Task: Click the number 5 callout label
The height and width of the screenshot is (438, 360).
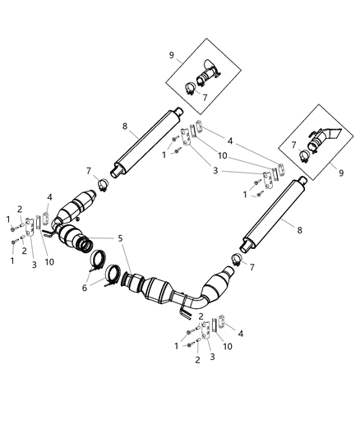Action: click(x=120, y=238)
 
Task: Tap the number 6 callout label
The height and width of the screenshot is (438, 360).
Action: click(x=85, y=288)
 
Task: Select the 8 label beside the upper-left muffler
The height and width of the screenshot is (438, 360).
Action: click(x=125, y=127)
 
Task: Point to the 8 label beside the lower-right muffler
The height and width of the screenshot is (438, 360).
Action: click(x=299, y=230)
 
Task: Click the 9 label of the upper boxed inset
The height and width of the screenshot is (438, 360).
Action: click(x=172, y=55)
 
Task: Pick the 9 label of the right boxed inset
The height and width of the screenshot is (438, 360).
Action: click(x=341, y=173)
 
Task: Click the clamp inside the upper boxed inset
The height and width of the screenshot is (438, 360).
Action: click(x=190, y=88)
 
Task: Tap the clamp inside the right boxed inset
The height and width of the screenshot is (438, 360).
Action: click(x=304, y=156)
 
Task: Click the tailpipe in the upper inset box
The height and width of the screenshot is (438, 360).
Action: click(x=208, y=74)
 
